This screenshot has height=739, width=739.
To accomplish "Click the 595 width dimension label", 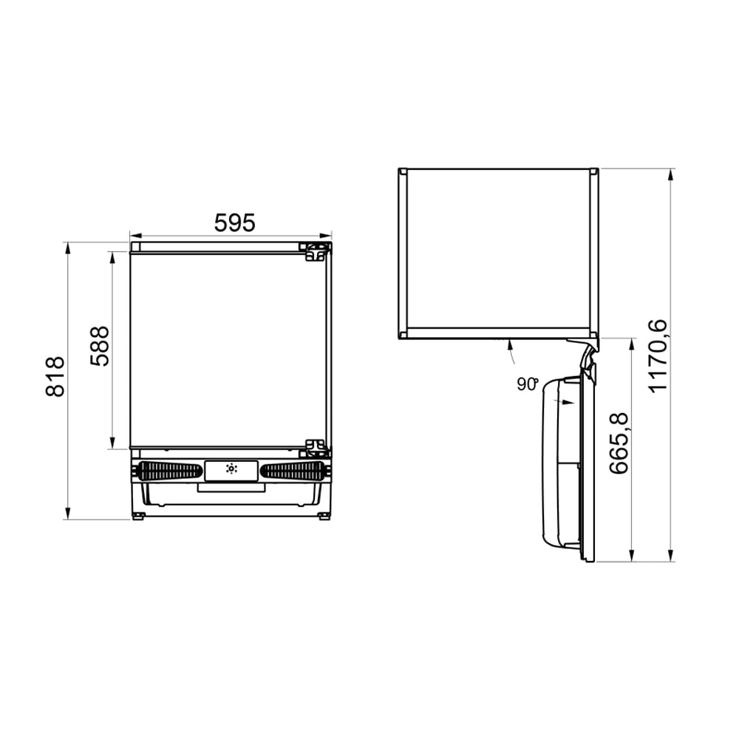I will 234,222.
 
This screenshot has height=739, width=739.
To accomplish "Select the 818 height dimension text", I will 55,377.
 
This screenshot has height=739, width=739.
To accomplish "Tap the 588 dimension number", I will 99,347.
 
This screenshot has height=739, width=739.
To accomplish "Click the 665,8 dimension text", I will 619,443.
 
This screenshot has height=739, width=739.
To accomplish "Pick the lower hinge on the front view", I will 316,448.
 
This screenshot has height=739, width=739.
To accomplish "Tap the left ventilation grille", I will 170,471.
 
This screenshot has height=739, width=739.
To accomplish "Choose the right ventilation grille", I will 293,471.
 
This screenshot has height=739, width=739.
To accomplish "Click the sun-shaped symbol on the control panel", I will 231,469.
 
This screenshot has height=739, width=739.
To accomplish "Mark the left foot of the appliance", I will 138,516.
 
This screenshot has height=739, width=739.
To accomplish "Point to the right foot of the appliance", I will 324,516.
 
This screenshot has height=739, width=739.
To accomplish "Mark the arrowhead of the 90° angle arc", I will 511,342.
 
